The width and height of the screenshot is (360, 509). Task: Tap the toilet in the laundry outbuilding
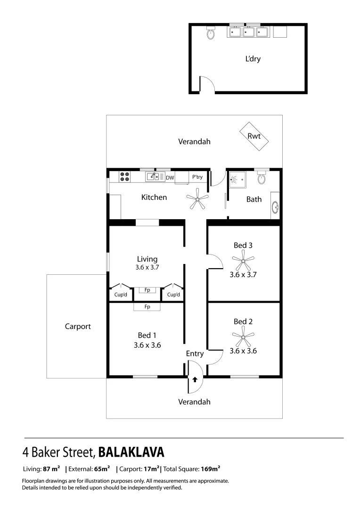(x=210, y=33)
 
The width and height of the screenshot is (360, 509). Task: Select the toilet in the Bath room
(x=262, y=179)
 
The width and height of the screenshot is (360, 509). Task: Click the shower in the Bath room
(x=237, y=179)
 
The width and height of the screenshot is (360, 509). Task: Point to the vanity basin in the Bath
(x=275, y=206)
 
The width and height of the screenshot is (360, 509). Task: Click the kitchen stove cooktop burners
(x=125, y=177)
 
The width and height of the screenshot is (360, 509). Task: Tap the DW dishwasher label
(x=170, y=178)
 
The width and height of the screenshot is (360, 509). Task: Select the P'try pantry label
(x=197, y=177)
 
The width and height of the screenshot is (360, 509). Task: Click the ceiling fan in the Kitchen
(x=196, y=200)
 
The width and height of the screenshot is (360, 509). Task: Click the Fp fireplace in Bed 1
(x=147, y=307)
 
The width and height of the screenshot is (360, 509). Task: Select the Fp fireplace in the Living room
(x=147, y=290)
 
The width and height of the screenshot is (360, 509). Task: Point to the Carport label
(x=78, y=326)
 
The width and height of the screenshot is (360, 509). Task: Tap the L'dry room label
(x=253, y=59)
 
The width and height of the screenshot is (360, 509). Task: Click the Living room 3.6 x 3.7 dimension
(x=147, y=267)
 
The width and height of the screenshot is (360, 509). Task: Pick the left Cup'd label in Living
(x=121, y=295)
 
